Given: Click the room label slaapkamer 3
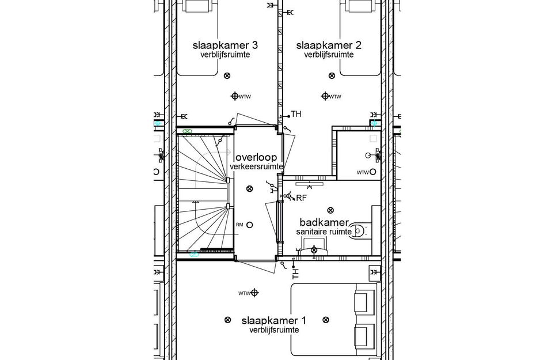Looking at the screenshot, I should point(221,46).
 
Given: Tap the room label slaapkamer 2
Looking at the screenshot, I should point(329,46).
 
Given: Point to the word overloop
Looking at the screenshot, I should point(256,157).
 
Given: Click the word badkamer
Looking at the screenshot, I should point(325,222).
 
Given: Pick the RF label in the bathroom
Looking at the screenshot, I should point(301,198).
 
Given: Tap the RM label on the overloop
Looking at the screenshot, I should point(239,225).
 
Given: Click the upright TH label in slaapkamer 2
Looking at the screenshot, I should point(296,114).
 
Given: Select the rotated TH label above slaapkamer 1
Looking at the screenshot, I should point(296,273).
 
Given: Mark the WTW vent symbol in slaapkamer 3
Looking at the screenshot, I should point(235,96).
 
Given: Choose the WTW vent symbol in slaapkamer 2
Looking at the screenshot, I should point(325,96).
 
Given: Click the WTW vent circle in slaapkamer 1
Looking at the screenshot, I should point(254,293).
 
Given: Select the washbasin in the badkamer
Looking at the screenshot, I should point(314,251).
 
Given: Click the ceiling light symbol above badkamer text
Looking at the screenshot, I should point(330,210).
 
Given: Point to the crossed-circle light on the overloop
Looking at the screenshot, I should point(249,188).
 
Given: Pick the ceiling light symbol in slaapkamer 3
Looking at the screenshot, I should point(226,75).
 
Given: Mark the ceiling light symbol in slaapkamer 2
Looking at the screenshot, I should point(331,75).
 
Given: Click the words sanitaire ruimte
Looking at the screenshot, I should point(324,232).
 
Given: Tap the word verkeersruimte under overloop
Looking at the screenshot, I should point(256,166).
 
